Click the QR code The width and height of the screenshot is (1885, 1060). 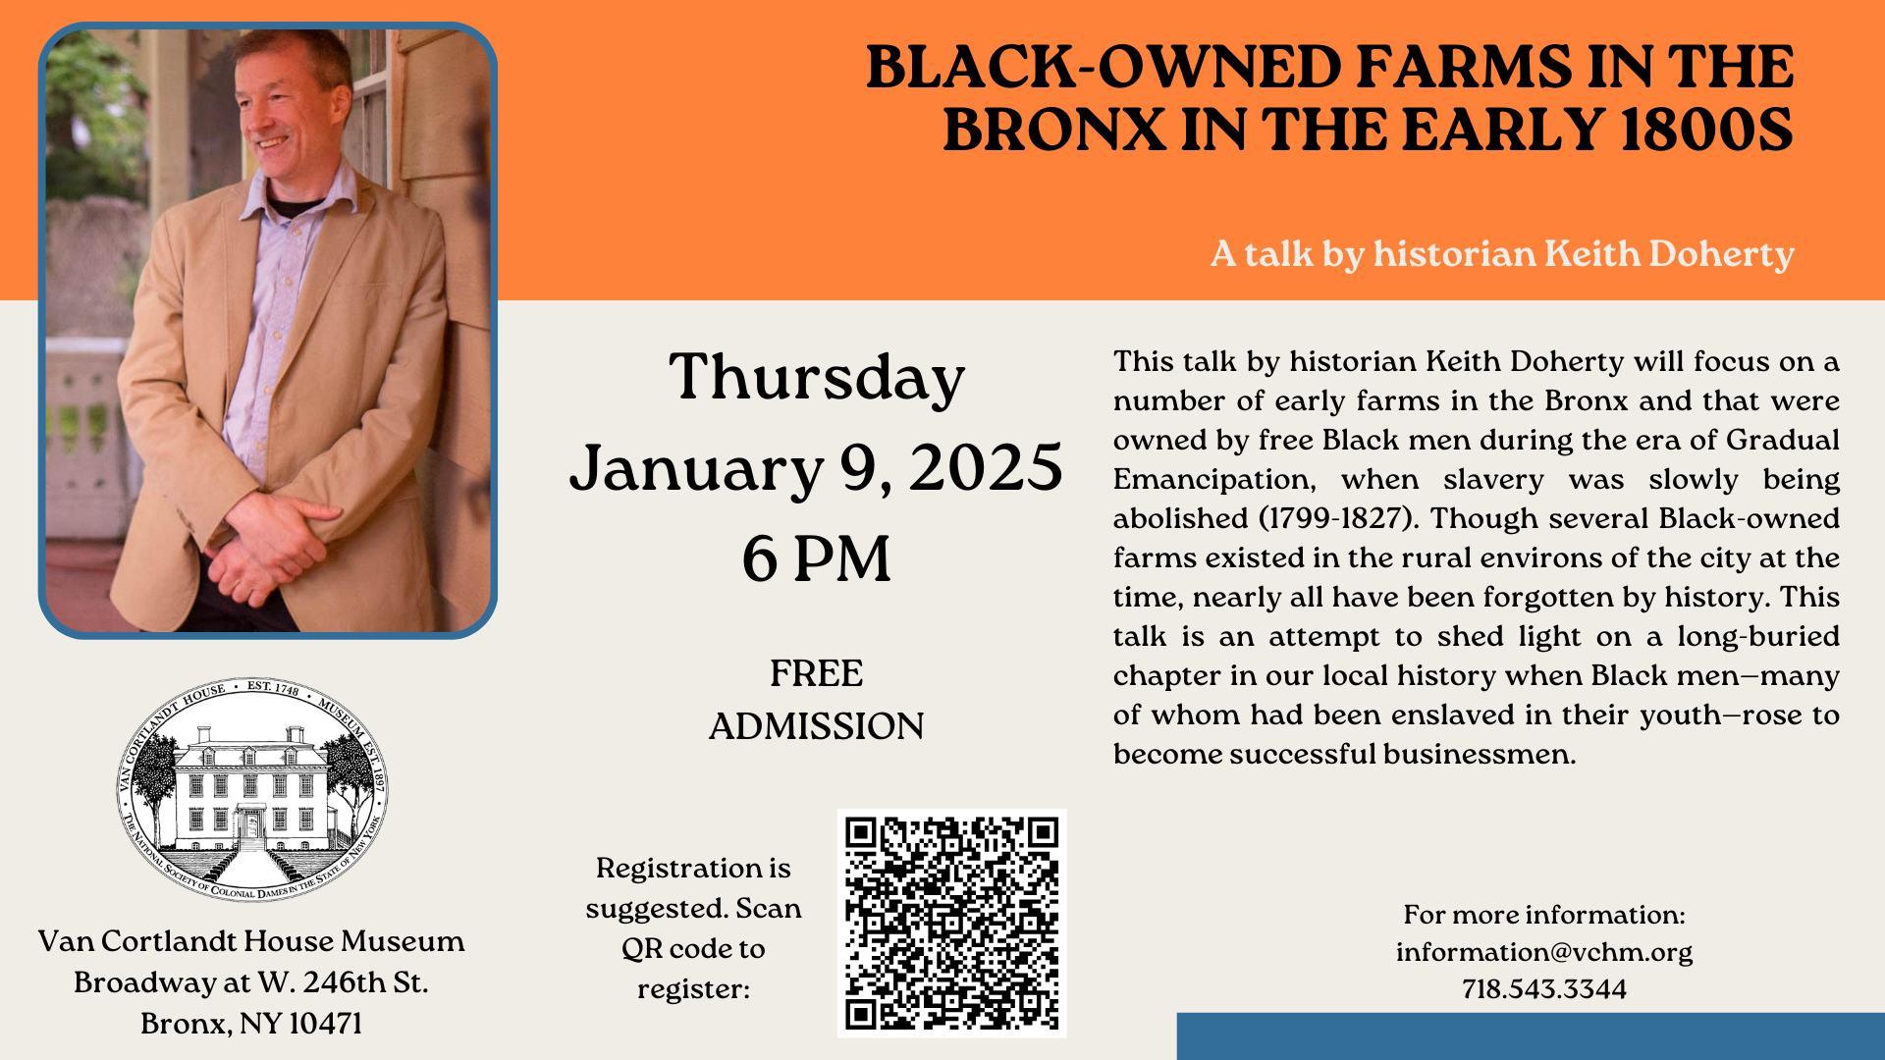click(x=951, y=923)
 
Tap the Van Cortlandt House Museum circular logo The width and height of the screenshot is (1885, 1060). click(x=252, y=789)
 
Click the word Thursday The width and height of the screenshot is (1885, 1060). click(x=817, y=377)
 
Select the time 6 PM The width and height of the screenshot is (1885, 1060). click(x=817, y=557)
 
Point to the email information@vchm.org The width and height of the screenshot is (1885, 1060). click(x=1544, y=952)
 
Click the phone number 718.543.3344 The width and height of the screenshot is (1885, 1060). click(x=1544, y=988)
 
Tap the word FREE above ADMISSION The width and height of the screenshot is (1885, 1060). click(x=817, y=673)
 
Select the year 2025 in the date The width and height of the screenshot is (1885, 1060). click(x=986, y=467)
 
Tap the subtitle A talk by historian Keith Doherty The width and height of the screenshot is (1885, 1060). click(x=1502, y=254)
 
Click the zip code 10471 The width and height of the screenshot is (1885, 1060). click(x=326, y=1024)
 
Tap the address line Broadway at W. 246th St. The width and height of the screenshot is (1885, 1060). click(x=251, y=982)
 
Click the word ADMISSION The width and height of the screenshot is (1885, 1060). click(x=817, y=726)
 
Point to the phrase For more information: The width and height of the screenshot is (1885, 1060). click(x=1544, y=915)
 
